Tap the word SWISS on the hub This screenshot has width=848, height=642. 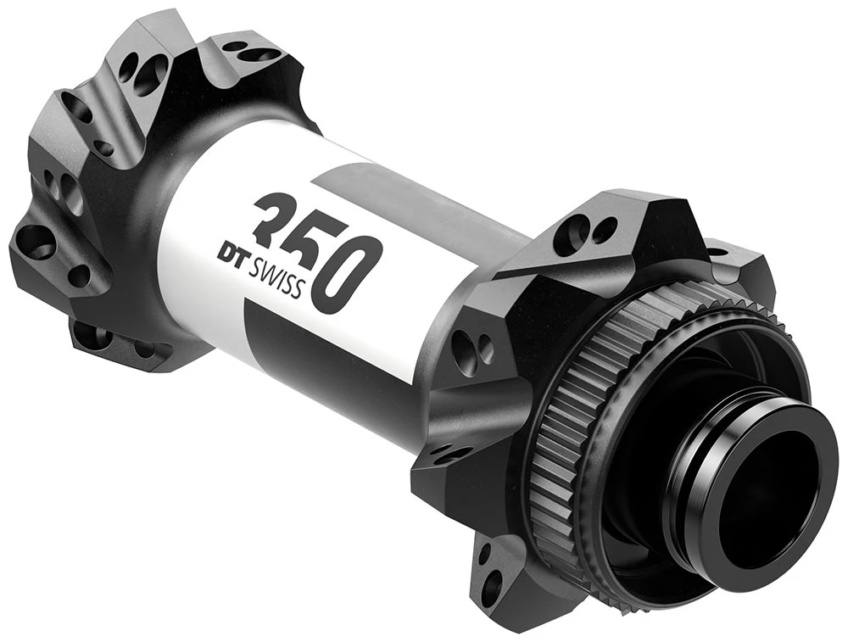click(x=276, y=276)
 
